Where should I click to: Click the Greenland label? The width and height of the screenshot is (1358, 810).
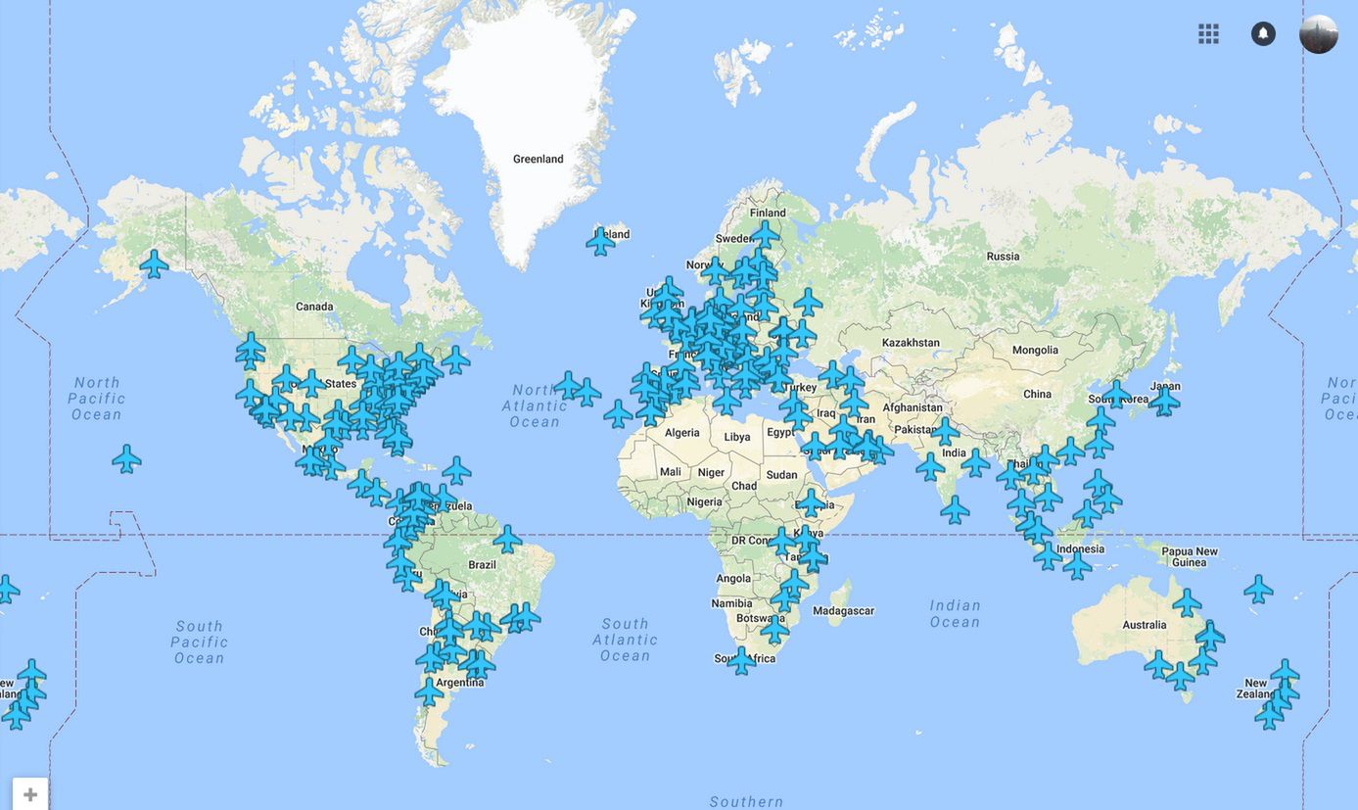[x=538, y=159]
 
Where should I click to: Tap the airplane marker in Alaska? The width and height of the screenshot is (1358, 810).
[x=154, y=263]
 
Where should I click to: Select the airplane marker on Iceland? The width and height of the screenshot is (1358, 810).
[x=600, y=241]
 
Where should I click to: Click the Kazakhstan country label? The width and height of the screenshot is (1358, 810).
[x=910, y=343]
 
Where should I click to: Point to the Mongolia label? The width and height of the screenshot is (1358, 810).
[x=1035, y=350]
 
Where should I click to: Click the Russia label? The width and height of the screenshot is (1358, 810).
[x=1003, y=257]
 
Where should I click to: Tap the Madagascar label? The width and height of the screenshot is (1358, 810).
[x=843, y=610]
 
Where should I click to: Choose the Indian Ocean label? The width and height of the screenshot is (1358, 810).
[x=955, y=614]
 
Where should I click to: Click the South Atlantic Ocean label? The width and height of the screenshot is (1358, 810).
[x=625, y=640]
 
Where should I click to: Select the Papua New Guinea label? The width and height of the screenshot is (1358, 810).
[x=1190, y=556]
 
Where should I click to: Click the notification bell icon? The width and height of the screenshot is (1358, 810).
[x=1263, y=34]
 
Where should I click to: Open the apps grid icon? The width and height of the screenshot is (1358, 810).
[x=1208, y=34]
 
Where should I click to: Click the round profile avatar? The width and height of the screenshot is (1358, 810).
[x=1318, y=34]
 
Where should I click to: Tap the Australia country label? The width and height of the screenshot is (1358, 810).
[x=1145, y=625]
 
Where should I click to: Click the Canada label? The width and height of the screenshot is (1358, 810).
[x=314, y=307]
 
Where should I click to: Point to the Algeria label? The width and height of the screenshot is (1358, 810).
[x=682, y=433]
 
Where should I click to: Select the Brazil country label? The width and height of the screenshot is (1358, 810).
[x=482, y=565]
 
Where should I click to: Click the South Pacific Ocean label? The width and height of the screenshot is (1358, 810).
[x=200, y=642]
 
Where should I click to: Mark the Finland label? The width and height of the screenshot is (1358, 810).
[x=768, y=213]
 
